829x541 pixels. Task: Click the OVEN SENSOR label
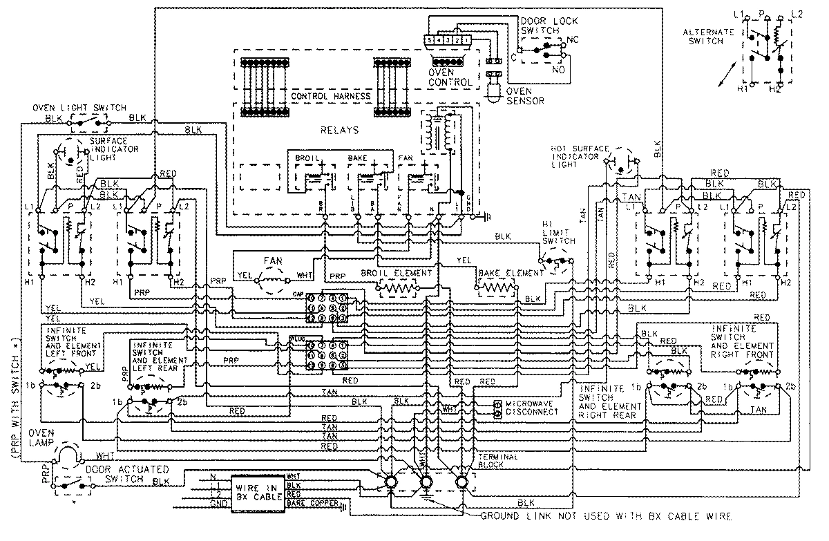pyautogui.click(x=524, y=95)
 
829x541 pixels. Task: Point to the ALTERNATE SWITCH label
pyautogui.click(x=703, y=37)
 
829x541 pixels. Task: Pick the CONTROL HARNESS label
pyautogui.click(x=331, y=95)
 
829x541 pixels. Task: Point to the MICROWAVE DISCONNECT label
pyautogui.click(x=531, y=407)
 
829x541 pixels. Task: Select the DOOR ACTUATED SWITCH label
pyautogui.click(x=125, y=473)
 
